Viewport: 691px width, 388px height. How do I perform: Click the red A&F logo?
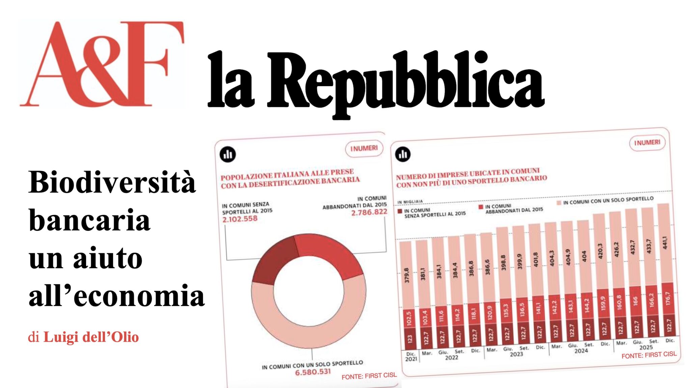101,64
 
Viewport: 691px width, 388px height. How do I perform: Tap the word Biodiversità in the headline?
112,182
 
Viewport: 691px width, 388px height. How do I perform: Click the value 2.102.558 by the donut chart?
240,219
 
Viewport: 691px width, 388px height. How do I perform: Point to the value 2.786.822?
369,212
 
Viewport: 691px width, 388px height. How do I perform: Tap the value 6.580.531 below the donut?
313,372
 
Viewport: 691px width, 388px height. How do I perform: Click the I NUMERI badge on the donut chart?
364,149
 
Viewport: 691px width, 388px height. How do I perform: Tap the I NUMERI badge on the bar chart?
647,143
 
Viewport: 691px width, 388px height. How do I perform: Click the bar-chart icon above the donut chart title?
228,155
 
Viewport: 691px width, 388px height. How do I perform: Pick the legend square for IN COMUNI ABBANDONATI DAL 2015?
481,207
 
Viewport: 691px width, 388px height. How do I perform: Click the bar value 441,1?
665,242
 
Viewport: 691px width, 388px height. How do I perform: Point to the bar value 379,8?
407,275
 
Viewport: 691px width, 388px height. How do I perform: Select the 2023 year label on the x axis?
516,354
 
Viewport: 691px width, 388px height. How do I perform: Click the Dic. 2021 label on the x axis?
411,357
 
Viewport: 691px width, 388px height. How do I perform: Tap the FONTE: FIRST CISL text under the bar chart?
649,355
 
